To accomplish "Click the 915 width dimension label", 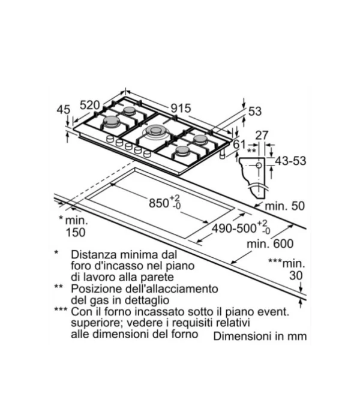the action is [181, 109].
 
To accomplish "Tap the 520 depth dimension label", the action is [90, 105].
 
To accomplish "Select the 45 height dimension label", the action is [64, 110].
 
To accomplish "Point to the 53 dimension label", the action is [255, 111].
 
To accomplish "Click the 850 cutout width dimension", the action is [164, 203].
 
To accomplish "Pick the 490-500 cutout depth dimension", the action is [241, 228].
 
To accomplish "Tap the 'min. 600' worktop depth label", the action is [270, 243].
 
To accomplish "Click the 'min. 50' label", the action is [284, 206].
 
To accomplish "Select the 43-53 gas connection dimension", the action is [290, 161].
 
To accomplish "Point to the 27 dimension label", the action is [262, 136].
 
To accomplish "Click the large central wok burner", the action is [155, 131].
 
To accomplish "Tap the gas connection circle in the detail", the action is [259, 166].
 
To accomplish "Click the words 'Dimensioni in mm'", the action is [260, 336].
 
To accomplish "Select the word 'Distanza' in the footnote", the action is [94, 254].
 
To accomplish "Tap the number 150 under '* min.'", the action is [76, 232].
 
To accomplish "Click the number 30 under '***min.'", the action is [296, 275].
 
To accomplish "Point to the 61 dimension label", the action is [239, 145].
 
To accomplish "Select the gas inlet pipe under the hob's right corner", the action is [223, 154].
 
